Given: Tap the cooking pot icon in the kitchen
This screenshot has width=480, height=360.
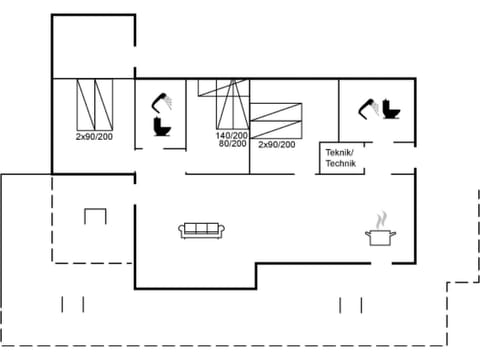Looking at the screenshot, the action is (381, 237).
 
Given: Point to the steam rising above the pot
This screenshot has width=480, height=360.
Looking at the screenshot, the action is (380, 218).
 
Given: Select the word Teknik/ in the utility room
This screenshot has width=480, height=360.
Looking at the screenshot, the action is (340, 151).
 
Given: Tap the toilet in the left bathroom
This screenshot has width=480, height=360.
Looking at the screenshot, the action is (159, 126).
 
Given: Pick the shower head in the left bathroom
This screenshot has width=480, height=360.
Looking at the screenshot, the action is (160, 101).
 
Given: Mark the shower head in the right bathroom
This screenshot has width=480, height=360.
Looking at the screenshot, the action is (369, 104).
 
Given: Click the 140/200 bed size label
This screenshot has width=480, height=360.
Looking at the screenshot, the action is (231, 135).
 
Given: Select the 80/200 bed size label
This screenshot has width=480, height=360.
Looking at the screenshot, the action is (231, 144).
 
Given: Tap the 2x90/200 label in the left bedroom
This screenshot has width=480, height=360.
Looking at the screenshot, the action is (94, 135).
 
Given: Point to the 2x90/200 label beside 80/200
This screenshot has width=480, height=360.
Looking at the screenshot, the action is (276, 144).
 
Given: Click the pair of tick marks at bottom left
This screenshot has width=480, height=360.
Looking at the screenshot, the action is (72, 303).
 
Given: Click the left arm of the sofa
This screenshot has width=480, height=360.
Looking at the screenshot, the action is (183, 231).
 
